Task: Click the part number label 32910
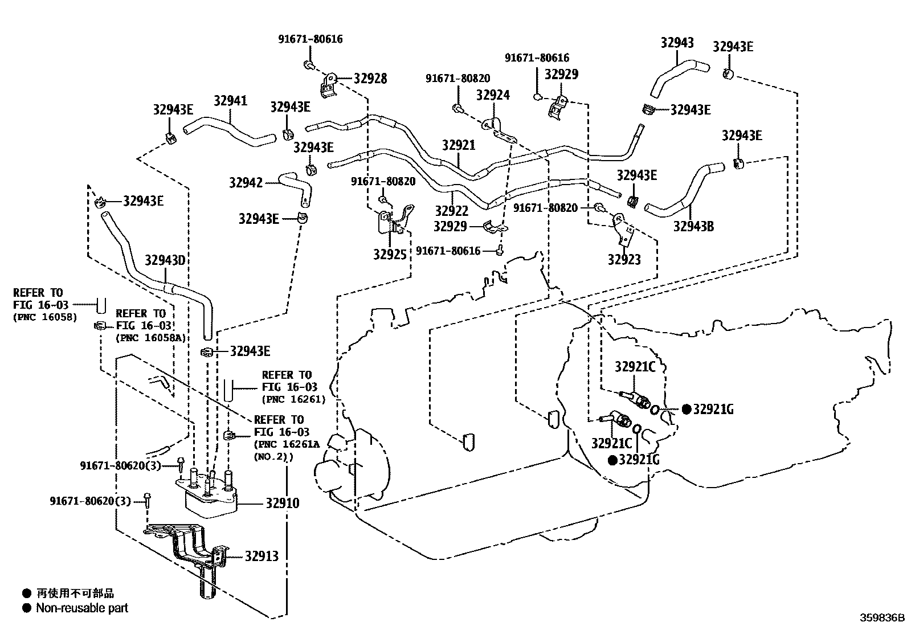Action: (x=282, y=503)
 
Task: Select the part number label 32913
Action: (x=262, y=556)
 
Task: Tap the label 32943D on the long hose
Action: (x=165, y=260)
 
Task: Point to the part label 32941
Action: (x=231, y=101)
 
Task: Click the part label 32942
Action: (x=246, y=182)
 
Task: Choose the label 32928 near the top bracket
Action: (x=370, y=79)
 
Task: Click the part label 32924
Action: (x=493, y=95)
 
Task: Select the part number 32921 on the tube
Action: (x=458, y=145)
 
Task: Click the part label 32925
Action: (x=390, y=254)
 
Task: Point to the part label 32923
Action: (x=624, y=260)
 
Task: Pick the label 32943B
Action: (x=693, y=227)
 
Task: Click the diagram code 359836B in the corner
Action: (x=882, y=617)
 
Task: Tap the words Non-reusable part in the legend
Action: (x=82, y=608)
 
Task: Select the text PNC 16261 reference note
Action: (x=293, y=399)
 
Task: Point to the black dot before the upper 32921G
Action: (x=687, y=409)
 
